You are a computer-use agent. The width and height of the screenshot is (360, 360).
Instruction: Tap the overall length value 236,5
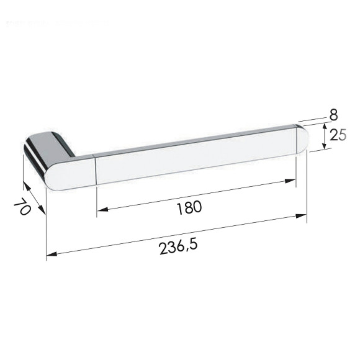click(x=178, y=246)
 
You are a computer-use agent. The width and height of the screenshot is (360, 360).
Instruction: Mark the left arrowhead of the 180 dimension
click(x=101, y=209)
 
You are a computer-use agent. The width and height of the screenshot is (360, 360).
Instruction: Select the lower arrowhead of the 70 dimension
click(x=43, y=212)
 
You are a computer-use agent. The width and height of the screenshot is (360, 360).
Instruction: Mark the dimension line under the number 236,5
click(x=177, y=235)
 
